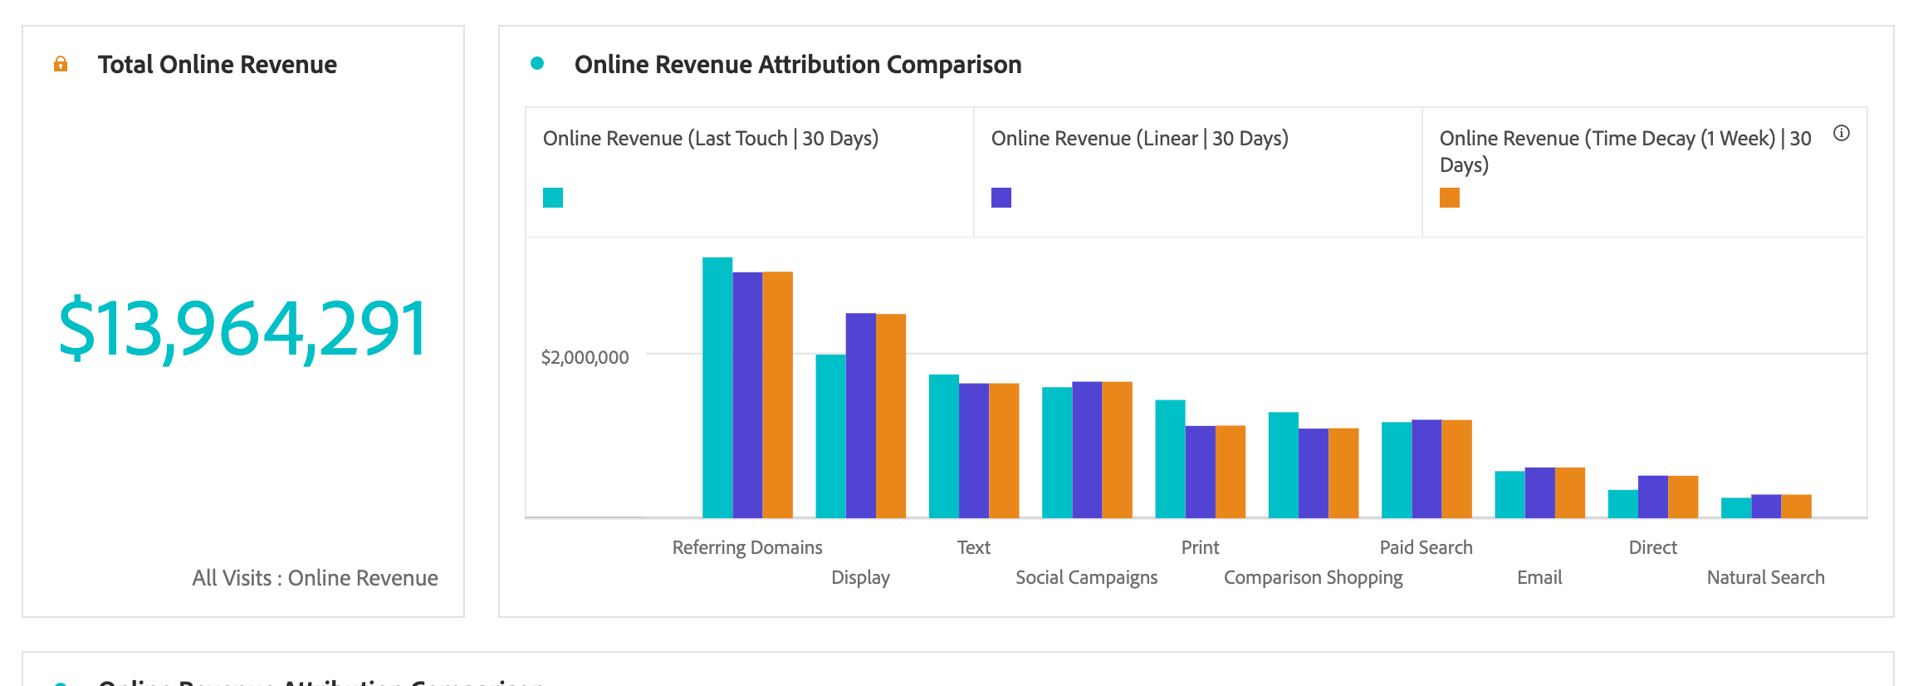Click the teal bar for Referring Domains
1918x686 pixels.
pyautogui.click(x=717, y=388)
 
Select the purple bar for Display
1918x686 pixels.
pyautogui.click(x=860, y=415)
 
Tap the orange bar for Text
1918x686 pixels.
pyautogui.click(x=1004, y=450)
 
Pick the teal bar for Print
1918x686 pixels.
pyautogui.click(x=1170, y=458)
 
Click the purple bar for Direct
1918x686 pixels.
pyautogui.click(x=1652, y=497)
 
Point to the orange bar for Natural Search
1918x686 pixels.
pyautogui.click(x=1796, y=506)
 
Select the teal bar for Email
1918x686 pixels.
pyautogui.click(x=1509, y=494)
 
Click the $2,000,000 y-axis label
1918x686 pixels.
pyautogui.click(x=585, y=357)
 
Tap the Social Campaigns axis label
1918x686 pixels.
pyautogui.click(x=1086, y=577)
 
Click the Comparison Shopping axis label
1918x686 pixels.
pyautogui.click(x=1313, y=577)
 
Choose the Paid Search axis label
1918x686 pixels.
pyautogui.click(x=1426, y=547)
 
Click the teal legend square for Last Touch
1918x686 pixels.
pyautogui.click(x=553, y=198)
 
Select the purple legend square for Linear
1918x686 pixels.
pyautogui.click(x=1001, y=198)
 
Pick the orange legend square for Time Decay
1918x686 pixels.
pyautogui.click(x=1450, y=198)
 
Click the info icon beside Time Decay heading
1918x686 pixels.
pyautogui.click(x=1842, y=133)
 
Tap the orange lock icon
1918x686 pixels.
pyautogui.click(x=61, y=64)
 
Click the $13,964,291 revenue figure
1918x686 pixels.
pyautogui.click(x=242, y=329)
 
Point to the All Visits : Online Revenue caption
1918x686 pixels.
pyautogui.click(x=315, y=578)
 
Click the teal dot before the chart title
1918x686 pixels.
pyautogui.click(x=537, y=63)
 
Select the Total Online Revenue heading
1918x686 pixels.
pyautogui.click(x=217, y=65)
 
